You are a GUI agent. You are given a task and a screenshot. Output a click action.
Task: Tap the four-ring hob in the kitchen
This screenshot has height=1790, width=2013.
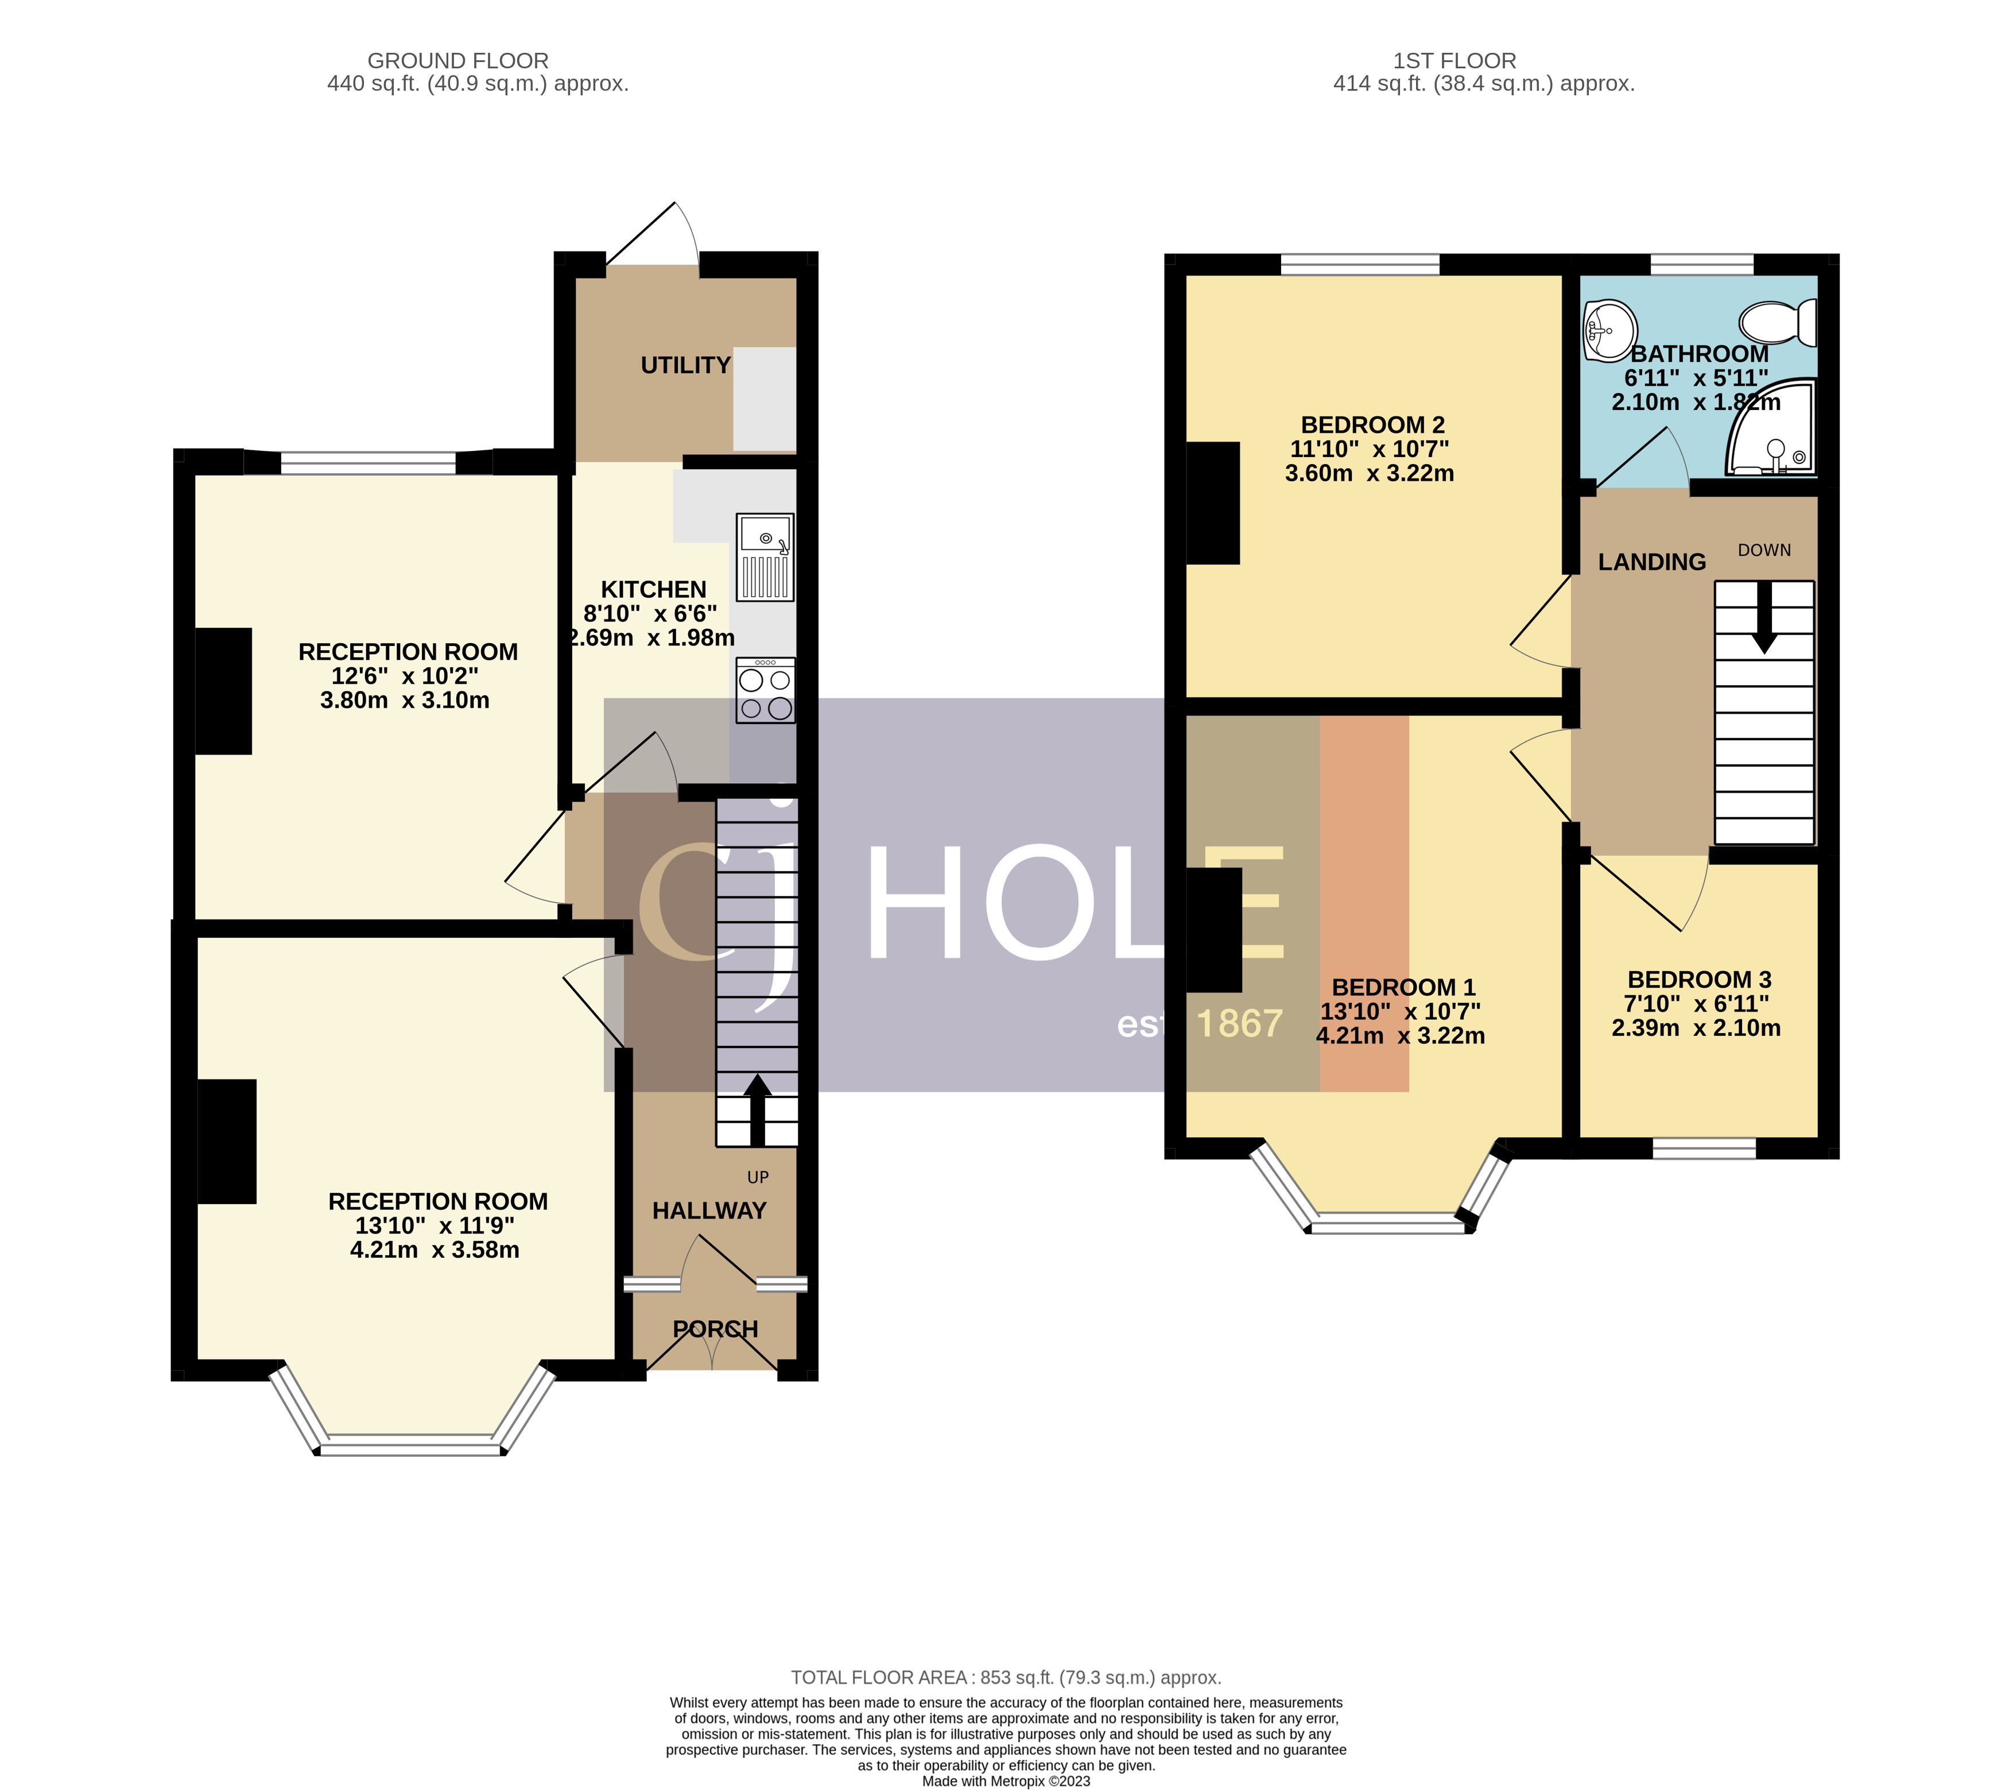[765, 691]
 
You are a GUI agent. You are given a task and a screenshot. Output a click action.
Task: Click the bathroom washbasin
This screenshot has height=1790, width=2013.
[1609, 331]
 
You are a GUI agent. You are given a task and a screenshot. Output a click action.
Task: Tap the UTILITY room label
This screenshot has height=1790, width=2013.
[685, 365]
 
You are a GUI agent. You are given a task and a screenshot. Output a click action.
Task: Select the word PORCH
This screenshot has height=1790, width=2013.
[715, 1329]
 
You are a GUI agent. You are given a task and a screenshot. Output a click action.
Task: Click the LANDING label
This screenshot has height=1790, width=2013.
[1651, 562]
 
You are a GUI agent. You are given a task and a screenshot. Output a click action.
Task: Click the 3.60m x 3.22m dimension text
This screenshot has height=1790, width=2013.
[1369, 473]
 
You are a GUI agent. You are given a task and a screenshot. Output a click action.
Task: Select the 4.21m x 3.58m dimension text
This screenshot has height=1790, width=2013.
[435, 1249]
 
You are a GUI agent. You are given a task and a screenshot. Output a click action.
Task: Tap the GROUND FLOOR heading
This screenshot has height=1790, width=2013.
[458, 61]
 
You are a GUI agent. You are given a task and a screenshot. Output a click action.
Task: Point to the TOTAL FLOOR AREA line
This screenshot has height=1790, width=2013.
[1006, 1677]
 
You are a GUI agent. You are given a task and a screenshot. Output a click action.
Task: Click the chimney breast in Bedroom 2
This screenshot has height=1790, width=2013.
[1212, 502]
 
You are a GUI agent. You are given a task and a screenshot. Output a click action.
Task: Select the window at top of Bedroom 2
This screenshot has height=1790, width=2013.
[1359, 264]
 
